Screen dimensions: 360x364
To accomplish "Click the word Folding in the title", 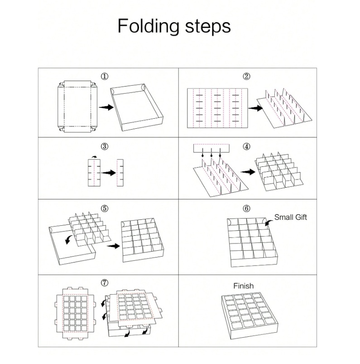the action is [149, 26].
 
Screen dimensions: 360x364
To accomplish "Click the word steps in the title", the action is [207, 27].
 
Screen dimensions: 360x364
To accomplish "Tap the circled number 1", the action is [105, 76].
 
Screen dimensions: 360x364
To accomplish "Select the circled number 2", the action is [246, 76].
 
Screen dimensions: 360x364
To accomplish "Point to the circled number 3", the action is [105, 146].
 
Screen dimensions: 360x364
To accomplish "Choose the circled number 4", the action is [246, 146].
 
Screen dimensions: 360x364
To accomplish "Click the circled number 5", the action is [105, 209].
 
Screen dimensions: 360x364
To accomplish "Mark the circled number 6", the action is [246, 209].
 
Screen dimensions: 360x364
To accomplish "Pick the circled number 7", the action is [105, 283].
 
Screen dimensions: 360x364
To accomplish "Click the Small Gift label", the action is [290, 217].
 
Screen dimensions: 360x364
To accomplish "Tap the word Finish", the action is [243, 286].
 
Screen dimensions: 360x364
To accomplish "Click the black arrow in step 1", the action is [106, 107].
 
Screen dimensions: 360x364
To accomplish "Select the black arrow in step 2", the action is [255, 108].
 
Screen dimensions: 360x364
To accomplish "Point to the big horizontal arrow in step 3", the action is [109, 173].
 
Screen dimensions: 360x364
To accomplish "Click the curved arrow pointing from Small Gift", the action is [269, 223].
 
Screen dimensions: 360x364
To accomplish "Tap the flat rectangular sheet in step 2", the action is [217, 108].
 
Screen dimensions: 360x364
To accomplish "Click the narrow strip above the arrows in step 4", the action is [211, 148].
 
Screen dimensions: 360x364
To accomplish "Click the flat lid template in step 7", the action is [75, 314].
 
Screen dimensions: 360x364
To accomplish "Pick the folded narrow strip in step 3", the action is [120, 173].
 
